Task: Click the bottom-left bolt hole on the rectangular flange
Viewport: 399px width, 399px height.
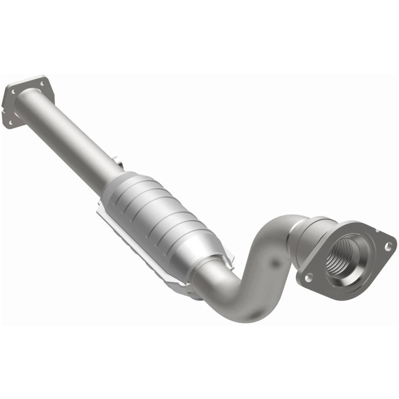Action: pos(9,122)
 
